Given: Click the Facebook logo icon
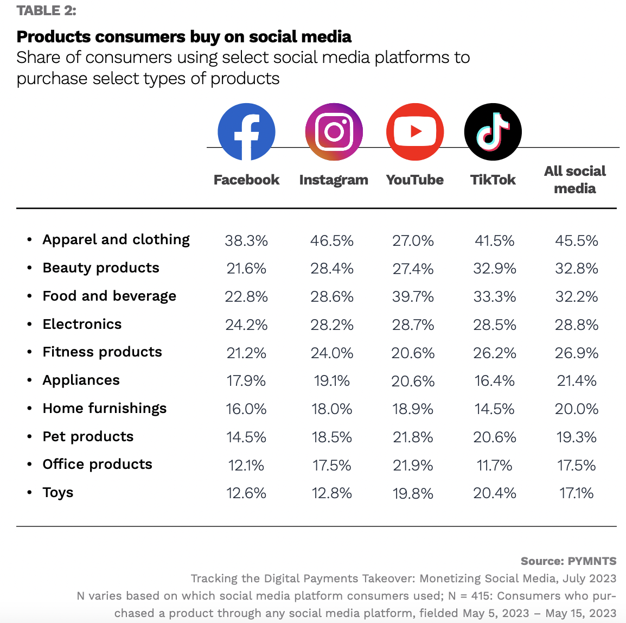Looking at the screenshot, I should tap(246, 132).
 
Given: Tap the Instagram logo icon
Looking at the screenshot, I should tap(334, 132).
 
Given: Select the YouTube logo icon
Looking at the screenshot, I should tap(415, 132).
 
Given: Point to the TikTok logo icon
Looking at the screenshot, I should tap(493, 132).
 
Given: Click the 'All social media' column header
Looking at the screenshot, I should tap(575, 180).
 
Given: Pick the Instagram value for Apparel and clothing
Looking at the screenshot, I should tap(332, 240).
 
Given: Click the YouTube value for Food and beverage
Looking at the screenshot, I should tap(413, 297).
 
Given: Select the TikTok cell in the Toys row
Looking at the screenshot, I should tap(495, 493).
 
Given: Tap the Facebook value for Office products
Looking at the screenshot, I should tap(246, 466).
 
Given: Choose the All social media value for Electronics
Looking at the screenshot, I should tap(577, 325).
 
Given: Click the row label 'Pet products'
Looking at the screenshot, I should tap(88, 436).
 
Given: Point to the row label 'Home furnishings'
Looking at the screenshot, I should tap(105, 408).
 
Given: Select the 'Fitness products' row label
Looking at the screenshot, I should tap(103, 352).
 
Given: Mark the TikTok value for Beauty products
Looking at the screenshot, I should tap(495, 269).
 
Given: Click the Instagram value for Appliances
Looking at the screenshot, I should tap(332, 381).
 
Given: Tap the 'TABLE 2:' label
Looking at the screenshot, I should tap(47, 10).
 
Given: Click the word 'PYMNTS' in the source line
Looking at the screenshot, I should tap(592, 561).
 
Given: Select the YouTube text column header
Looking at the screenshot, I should tap(415, 180).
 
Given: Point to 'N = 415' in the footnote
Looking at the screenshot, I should tap(469, 596).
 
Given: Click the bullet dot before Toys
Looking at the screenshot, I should tap(29, 493).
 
